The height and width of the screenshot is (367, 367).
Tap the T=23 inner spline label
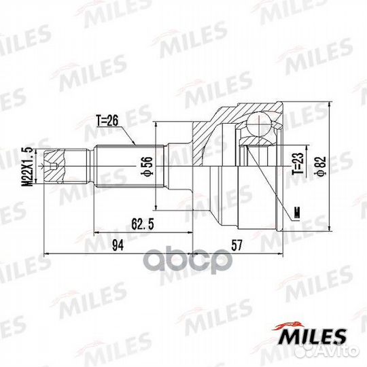296,164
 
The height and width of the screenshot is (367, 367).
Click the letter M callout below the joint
296,217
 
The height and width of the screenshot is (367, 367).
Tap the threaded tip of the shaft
54,163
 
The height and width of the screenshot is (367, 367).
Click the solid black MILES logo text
314,336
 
